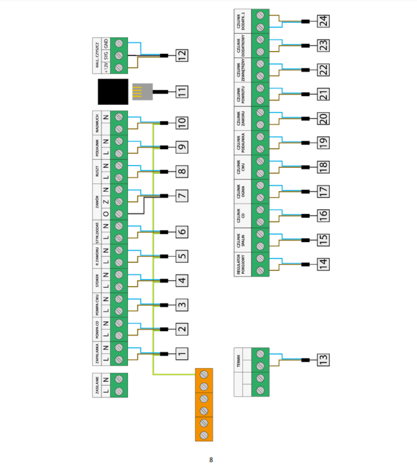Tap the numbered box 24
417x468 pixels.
[323, 21]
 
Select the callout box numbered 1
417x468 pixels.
[182, 353]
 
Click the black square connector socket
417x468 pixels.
[111, 92]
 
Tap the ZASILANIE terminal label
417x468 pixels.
[96, 385]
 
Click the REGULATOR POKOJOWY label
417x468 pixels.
[240, 264]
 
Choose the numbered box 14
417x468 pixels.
[323, 264]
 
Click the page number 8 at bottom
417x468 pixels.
[211, 459]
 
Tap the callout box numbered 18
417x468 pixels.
[323, 167]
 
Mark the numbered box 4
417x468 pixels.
[182, 280]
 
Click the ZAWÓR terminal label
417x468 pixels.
[97, 201]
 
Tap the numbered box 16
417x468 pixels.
[323, 215]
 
